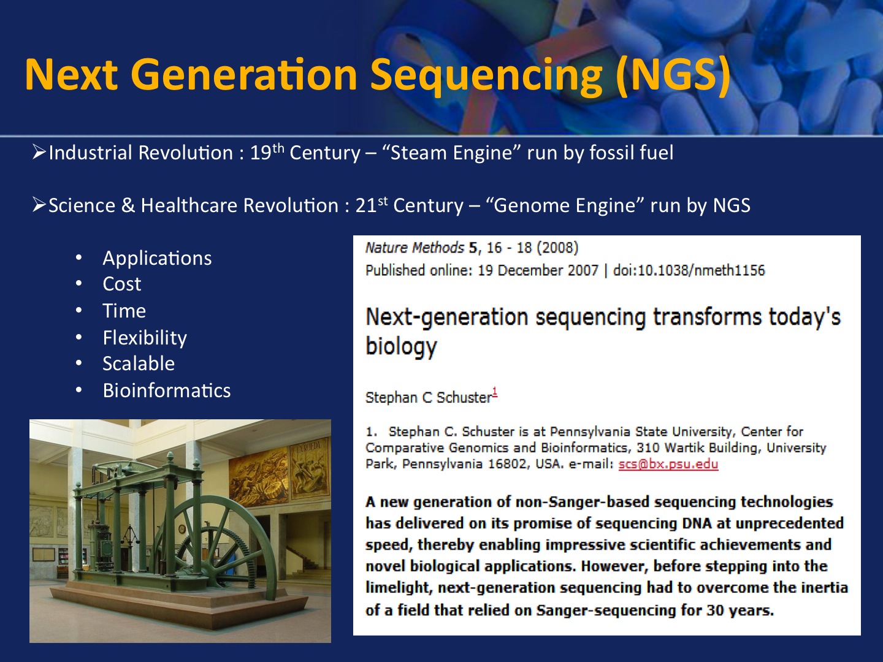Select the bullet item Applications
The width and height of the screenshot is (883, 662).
157,259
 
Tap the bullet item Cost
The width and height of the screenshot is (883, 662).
122,284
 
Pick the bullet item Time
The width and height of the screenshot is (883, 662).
124,311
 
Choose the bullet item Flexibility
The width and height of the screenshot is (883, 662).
145,338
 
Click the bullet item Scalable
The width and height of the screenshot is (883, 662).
139,363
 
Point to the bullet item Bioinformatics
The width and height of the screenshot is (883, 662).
167,390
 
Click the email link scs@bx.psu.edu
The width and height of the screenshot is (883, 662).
668,464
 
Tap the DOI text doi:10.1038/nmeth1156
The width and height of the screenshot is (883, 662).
689,270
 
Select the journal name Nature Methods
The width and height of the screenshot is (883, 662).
415,248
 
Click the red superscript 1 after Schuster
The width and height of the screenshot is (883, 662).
495,392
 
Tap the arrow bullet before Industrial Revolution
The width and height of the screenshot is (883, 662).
39,153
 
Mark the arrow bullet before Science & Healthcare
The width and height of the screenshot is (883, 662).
39,205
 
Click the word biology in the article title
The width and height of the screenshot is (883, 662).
401,346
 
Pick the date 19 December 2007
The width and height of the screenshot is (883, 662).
538,270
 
